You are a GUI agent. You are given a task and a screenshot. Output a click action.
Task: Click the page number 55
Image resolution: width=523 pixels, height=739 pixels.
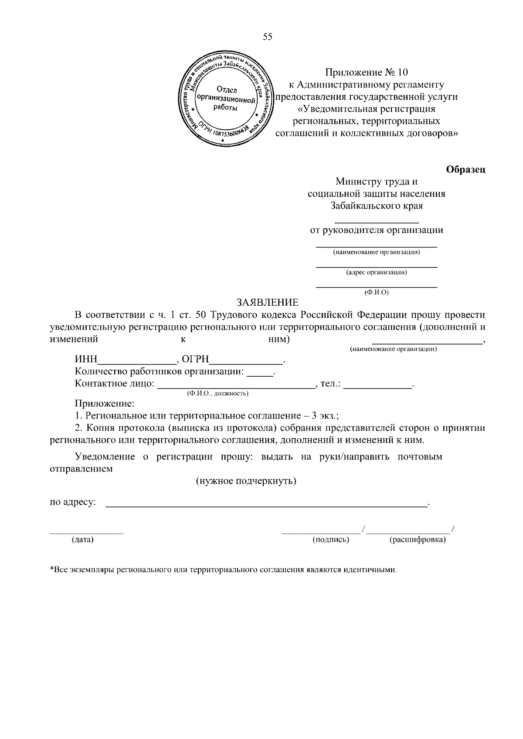(268, 37)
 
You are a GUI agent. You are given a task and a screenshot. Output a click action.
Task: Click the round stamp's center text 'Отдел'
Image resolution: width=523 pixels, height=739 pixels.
(226, 90)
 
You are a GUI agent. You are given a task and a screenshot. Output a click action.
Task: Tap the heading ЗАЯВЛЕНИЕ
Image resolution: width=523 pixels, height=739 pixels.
(268, 302)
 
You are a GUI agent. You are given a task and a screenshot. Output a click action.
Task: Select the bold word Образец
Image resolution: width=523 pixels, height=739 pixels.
(466, 169)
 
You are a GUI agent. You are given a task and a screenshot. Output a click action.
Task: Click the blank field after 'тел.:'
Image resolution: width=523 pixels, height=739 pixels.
(377, 385)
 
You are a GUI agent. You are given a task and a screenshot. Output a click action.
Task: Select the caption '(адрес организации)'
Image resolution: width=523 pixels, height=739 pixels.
(377, 273)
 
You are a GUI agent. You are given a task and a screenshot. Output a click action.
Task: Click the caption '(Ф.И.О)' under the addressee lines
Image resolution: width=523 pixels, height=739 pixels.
(376, 293)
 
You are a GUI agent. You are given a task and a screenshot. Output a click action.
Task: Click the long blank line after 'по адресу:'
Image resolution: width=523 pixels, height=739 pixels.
(267, 505)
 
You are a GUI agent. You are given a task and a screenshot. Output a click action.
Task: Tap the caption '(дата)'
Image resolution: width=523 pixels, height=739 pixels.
(83, 540)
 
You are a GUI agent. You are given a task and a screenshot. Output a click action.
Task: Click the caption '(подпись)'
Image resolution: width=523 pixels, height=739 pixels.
(331, 540)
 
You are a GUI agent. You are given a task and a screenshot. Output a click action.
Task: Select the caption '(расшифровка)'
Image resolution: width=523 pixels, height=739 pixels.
(417, 540)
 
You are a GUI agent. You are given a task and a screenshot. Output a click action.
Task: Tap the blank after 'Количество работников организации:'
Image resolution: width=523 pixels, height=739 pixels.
(260, 373)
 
